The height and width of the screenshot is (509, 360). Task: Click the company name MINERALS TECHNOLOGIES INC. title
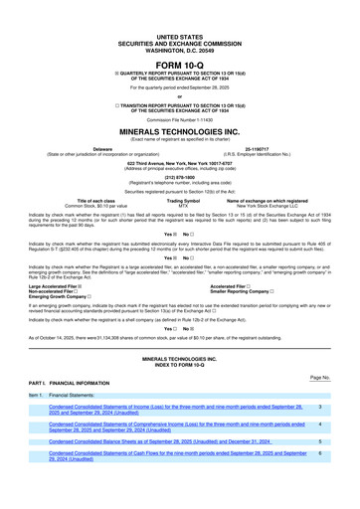click(179, 130)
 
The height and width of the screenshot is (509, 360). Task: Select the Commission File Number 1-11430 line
click(179, 118)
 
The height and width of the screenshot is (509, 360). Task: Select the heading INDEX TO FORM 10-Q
click(179, 362)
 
